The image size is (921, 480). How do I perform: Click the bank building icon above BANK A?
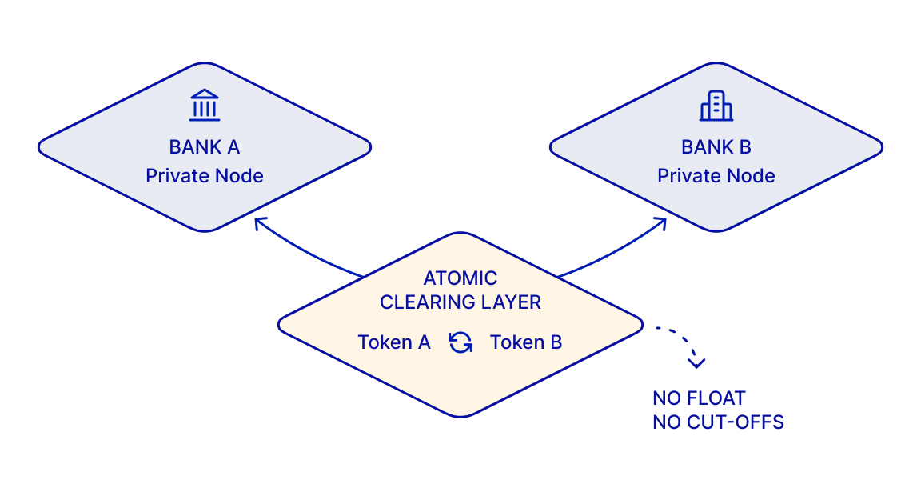[205, 106]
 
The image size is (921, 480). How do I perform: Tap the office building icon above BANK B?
[716, 106]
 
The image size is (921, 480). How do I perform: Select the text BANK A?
[205, 147]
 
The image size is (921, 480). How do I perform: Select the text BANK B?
[716, 147]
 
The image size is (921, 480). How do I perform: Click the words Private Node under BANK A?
[205, 175]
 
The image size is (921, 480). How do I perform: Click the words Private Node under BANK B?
[716, 175]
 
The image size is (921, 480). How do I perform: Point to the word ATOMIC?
[460, 278]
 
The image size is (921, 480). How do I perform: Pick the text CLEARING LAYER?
[460, 302]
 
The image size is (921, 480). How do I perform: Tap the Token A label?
[394, 342]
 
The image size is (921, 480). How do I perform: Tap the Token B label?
[526, 342]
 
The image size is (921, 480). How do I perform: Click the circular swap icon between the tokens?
[460, 342]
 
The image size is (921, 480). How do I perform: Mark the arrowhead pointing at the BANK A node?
[257, 222]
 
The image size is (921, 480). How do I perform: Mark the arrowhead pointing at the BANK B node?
[662, 222]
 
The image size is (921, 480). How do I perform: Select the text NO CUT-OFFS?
[718, 422]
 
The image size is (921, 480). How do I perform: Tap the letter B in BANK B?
[744, 147]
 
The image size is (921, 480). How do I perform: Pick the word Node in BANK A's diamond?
[241, 175]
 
